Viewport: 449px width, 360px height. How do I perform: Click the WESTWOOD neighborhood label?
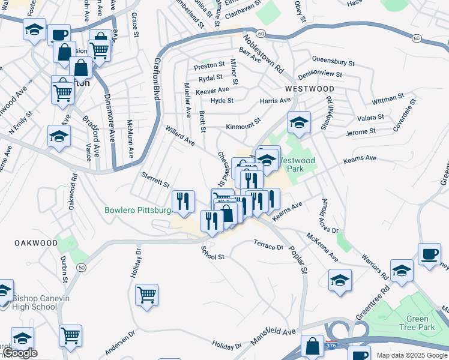pyautogui.click(x=309, y=88)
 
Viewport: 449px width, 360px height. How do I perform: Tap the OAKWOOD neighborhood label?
pyautogui.click(x=37, y=243)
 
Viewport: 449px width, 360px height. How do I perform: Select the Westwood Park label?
pyautogui.click(x=297, y=164)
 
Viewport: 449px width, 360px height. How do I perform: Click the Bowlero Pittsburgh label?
pyautogui.click(x=139, y=211)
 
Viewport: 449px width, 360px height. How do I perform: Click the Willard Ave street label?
pyautogui.click(x=180, y=136)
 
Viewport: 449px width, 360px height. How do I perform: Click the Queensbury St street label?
pyautogui.click(x=335, y=59)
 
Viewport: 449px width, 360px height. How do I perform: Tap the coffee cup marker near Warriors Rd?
pyautogui.click(x=429, y=254)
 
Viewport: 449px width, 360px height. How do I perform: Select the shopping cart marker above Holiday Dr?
pyautogui.click(x=146, y=295)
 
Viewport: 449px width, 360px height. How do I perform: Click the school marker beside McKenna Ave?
pyautogui.click(x=340, y=280)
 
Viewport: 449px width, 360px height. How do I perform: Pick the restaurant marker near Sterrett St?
pyautogui.click(x=182, y=202)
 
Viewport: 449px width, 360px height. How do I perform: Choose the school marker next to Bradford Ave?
pyautogui.click(x=59, y=136)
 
